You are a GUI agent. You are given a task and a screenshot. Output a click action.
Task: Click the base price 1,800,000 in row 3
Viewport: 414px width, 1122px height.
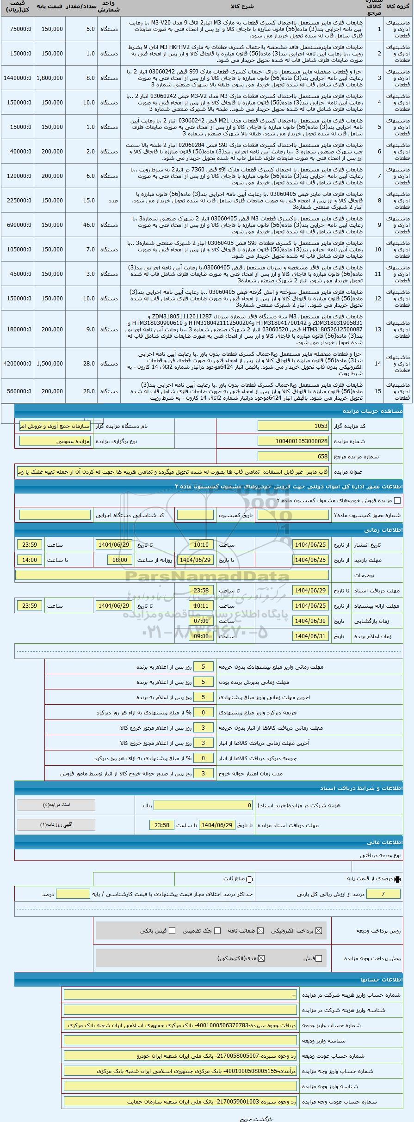pos(49,78)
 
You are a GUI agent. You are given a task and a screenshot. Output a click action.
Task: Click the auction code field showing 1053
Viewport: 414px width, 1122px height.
pos(293,426)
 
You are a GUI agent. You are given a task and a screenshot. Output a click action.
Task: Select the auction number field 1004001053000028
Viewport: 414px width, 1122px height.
pos(293,441)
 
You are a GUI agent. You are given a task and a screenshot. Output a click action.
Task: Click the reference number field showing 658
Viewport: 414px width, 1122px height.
pos(293,457)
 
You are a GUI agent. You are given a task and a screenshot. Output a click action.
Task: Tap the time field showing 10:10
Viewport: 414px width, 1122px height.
pos(201,545)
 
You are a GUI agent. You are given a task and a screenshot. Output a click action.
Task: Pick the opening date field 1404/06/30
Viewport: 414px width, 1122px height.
pos(311,621)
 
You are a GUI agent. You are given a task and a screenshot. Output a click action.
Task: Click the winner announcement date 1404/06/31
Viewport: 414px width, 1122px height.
pos(311,636)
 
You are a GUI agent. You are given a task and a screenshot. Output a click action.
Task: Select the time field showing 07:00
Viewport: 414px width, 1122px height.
pos(201,621)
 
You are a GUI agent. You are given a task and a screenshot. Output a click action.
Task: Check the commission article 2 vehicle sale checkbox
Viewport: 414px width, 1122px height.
pos(397,500)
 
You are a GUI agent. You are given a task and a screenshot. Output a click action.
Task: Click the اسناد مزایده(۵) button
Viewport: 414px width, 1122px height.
pos(56,805)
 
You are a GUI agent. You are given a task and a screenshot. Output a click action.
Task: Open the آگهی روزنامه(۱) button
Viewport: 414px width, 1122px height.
pos(56,825)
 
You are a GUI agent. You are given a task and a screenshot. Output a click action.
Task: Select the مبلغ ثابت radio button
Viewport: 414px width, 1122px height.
pos(250,879)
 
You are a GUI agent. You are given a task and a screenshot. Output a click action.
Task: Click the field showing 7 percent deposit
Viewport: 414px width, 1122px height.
pos(383,894)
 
